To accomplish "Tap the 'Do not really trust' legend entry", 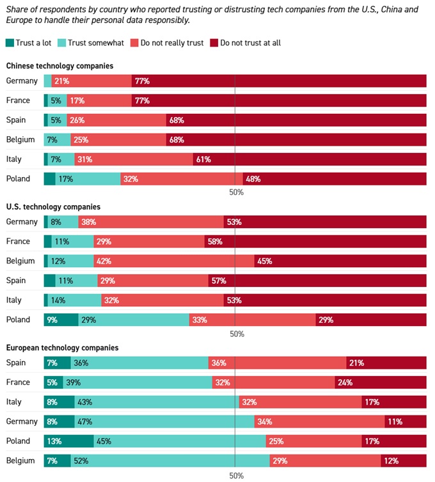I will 166,43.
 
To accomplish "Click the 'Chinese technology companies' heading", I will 59,66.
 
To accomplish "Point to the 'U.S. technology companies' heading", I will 53,207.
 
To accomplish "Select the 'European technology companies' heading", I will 62,348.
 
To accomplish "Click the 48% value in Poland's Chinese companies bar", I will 335,179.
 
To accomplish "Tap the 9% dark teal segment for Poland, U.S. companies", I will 61,320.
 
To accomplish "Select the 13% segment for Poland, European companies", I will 68,441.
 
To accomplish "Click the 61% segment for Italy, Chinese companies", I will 310,159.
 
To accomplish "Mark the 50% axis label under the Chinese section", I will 237,192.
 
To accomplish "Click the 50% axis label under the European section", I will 237,475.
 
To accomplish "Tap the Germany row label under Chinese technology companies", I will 22,81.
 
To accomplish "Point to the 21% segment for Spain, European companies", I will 386,363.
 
